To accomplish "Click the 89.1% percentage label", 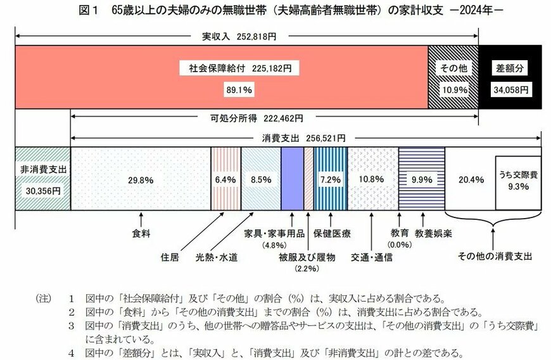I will (239, 90).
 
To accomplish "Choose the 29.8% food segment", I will (141, 179).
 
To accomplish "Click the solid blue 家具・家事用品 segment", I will (292, 179).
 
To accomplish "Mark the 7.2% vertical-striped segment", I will (330, 179).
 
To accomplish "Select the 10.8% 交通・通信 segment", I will (372, 179).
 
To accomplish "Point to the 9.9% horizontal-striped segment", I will (422, 179).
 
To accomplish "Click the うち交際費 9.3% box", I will (517, 183).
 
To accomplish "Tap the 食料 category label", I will (141, 233).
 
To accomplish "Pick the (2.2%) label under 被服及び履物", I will (306, 269).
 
